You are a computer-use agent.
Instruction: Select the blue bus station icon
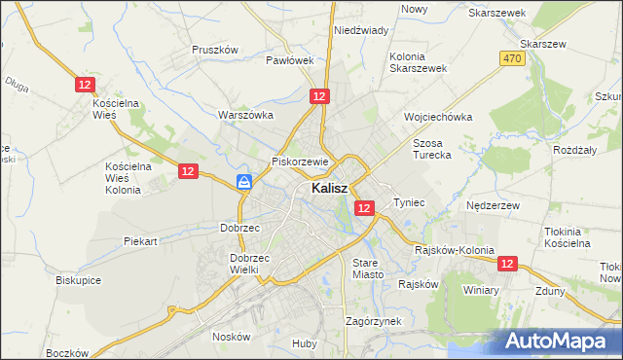pos(245,182)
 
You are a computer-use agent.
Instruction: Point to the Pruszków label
pos(215,50)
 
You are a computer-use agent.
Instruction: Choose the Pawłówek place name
pos(290,59)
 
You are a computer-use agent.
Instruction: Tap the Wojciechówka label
pos(438,117)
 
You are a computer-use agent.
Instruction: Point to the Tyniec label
pos(409,202)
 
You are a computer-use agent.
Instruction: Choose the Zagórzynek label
pos(374,320)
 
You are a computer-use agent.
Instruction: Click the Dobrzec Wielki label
pos(248,264)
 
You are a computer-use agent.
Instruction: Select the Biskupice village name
pos(79,280)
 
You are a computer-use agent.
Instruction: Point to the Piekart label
pos(141,239)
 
